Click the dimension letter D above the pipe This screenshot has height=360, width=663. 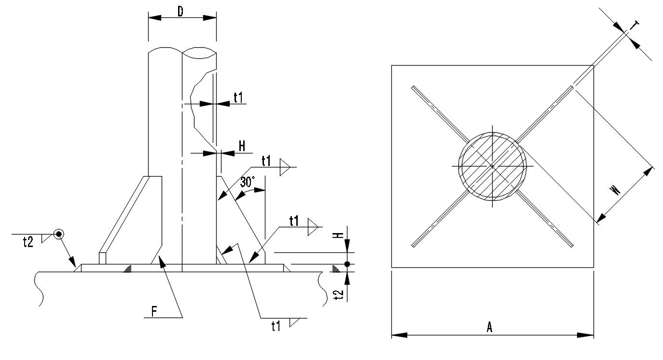click(x=180, y=11)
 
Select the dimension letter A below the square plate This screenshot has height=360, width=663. click(x=489, y=328)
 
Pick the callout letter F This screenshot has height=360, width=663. click(x=154, y=311)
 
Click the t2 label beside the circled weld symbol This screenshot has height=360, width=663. click(x=28, y=242)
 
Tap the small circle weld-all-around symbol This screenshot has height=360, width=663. click(x=59, y=234)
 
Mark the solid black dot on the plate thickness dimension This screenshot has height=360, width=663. click(x=347, y=264)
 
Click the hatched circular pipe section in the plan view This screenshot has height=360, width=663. click(x=493, y=166)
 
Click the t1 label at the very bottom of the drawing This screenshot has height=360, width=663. click(x=276, y=327)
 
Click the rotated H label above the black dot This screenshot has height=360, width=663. click(x=340, y=235)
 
